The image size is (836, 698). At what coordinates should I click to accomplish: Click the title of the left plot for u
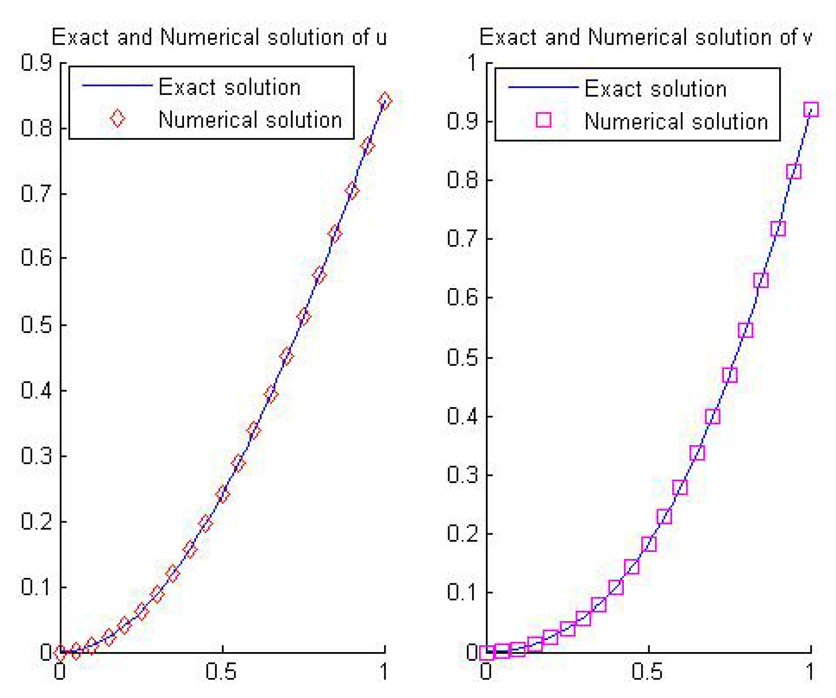tap(219, 37)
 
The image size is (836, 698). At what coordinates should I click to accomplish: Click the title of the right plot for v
tap(645, 37)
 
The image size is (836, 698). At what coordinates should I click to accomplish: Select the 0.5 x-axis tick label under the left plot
tap(221, 671)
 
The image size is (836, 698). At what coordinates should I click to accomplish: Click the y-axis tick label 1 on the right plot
tap(473, 62)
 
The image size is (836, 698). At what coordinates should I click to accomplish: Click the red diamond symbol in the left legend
tap(117, 119)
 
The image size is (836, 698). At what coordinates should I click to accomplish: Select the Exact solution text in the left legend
tap(229, 87)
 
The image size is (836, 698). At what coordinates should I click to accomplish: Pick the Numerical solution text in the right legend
tap(676, 121)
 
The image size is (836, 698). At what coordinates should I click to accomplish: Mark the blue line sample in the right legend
tap(543, 87)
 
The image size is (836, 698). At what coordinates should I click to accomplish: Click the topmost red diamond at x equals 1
tap(384, 100)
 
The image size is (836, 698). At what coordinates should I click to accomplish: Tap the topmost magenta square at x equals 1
tap(811, 109)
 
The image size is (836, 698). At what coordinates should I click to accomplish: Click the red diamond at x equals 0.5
tap(222, 494)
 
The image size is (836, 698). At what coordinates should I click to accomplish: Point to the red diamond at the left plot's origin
tap(60, 653)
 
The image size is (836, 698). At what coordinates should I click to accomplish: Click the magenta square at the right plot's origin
tap(486, 653)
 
